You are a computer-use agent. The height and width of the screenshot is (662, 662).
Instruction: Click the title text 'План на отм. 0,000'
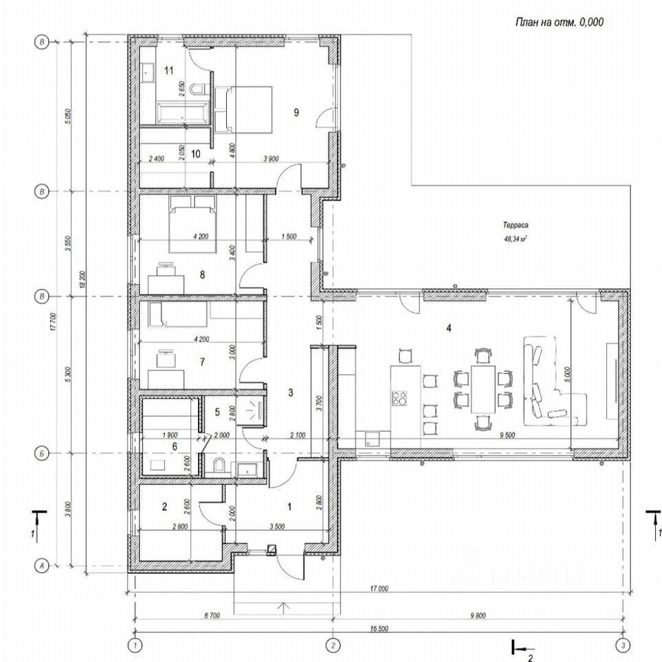point(559,22)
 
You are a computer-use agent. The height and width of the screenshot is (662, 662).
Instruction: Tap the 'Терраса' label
point(514,225)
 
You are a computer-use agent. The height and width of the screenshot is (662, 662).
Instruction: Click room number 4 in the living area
point(449,328)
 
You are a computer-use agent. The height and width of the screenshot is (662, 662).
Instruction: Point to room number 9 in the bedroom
point(296,112)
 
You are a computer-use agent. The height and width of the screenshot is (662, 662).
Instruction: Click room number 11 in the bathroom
point(169,70)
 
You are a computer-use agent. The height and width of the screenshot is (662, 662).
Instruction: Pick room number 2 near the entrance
point(164,507)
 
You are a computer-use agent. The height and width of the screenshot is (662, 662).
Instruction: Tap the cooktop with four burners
point(399,397)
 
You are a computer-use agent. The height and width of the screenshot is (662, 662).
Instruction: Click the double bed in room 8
point(193,224)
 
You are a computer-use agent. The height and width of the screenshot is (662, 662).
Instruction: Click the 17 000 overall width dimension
point(379,589)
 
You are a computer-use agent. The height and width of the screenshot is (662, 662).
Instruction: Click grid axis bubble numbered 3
point(623,645)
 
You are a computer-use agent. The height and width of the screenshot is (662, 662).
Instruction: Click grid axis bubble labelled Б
point(43,453)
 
